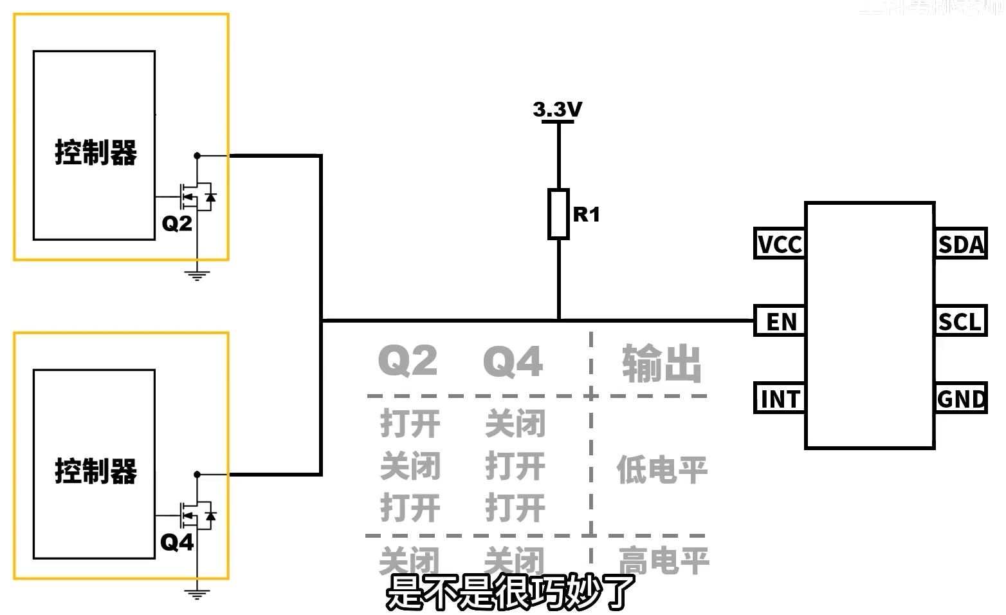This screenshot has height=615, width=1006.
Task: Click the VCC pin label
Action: (x=780, y=244)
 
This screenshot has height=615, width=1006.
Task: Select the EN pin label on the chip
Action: (x=780, y=321)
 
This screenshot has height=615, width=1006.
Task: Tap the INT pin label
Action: (x=780, y=399)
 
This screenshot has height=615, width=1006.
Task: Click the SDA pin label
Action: (x=961, y=244)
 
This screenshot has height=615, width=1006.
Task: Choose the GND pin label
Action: (x=961, y=399)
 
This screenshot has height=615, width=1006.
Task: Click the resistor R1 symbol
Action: (x=558, y=214)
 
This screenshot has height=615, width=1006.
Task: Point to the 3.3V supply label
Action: (x=558, y=109)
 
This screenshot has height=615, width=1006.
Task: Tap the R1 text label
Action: (x=587, y=214)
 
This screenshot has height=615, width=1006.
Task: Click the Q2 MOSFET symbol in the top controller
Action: (x=197, y=196)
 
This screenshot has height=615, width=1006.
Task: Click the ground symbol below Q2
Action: (x=197, y=276)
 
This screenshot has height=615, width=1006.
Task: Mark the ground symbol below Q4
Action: (x=197, y=594)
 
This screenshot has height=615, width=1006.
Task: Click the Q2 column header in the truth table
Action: (x=408, y=361)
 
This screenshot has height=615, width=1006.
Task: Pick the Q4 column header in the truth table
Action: (x=513, y=361)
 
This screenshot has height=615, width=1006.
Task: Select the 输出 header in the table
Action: (x=662, y=363)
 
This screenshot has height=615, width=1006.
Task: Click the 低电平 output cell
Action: (x=662, y=469)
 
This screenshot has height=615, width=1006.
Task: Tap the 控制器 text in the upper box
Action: (x=96, y=153)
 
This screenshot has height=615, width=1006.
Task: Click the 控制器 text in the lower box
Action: (x=96, y=471)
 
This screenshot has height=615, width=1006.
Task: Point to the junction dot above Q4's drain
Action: (x=197, y=475)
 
